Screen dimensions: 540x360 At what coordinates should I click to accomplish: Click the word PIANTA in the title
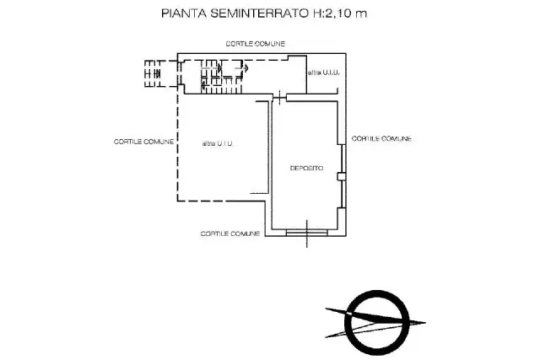(184, 13)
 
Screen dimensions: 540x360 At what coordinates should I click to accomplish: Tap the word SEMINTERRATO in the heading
(260, 13)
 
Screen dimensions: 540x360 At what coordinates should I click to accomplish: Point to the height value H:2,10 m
(340, 13)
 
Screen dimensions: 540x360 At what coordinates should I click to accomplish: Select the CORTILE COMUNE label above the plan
(255, 44)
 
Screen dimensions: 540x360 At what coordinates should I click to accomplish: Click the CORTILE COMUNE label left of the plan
(143, 142)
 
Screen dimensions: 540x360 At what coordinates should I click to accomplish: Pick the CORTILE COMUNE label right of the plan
(381, 139)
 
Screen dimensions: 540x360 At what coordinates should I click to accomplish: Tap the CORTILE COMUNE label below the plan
(230, 234)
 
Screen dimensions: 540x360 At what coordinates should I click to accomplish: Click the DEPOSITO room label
(307, 169)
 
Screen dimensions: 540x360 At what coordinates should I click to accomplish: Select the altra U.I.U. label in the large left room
(218, 143)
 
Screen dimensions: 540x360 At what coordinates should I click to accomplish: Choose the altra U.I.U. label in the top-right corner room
(324, 73)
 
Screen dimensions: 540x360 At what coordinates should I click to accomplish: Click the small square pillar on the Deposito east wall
(341, 176)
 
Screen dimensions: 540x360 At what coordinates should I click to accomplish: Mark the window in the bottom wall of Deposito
(306, 233)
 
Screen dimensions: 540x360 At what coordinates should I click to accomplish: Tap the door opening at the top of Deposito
(279, 98)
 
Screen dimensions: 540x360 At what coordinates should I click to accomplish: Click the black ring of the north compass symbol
(377, 292)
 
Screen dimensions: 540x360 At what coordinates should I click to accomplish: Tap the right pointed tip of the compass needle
(425, 323)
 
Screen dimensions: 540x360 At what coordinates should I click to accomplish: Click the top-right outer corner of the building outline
(346, 53)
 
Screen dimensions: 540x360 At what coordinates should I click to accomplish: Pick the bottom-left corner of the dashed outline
(178, 201)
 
